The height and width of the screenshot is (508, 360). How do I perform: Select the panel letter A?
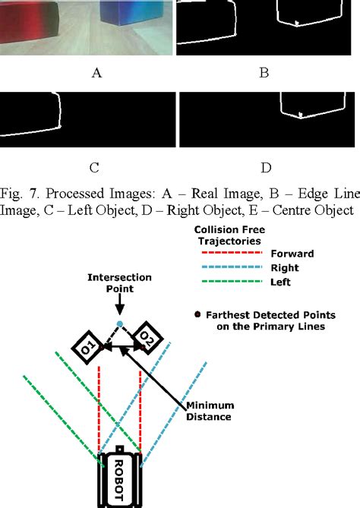click(x=96, y=73)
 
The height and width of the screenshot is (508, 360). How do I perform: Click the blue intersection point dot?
click(x=120, y=325)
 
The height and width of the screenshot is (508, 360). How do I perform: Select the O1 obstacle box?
click(x=87, y=348)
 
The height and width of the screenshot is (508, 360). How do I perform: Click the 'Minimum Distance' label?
click(x=209, y=411)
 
